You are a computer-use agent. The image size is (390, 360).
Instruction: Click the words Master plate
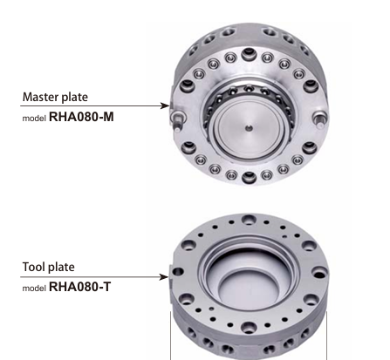click(x=55, y=97)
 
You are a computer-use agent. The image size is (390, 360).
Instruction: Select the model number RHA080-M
click(x=81, y=117)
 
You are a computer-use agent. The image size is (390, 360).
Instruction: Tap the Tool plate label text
click(x=48, y=267)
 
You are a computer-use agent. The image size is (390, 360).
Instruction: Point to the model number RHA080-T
click(x=80, y=287)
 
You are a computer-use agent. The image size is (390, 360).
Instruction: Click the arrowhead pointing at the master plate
click(x=165, y=105)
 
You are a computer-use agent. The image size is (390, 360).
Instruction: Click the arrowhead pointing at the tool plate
click(x=164, y=276)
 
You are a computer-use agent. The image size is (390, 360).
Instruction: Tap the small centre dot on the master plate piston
click(x=249, y=127)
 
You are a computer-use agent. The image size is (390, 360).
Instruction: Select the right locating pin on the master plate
click(x=319, y=120)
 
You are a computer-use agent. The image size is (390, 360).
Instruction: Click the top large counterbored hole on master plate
click(x=249, y=54)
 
